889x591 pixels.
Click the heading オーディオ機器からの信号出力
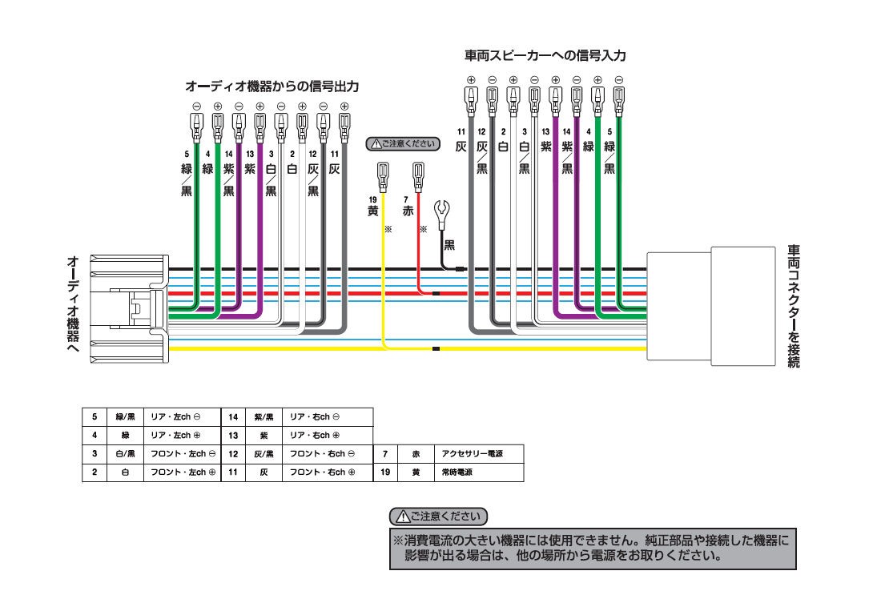click(x=272, y=85)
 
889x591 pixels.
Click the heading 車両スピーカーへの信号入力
click(x=545, y=56)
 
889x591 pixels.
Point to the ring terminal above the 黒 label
click(x=440, y=213)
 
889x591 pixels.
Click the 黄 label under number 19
click(x=372, y=211)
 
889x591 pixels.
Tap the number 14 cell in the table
click(x=233, y=416)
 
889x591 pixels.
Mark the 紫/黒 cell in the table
click(x=263, y=416)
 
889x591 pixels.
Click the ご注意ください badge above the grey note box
click(x=438, y=517)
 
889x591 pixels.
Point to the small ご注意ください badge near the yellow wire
click(x=403, y=144)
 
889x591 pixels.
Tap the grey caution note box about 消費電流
click(x=593, y=548)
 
